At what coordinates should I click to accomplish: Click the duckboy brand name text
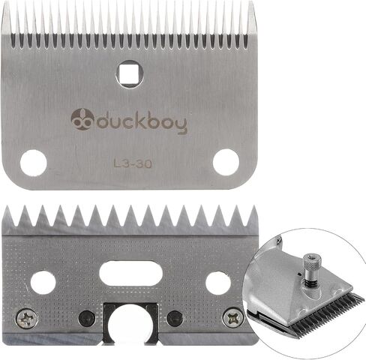tap(142, 121)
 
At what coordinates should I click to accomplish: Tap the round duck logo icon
tap(82, 119)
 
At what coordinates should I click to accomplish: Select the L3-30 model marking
tap(133, 163)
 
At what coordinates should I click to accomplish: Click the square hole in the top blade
tap(129, 74)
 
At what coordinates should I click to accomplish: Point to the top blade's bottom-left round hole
tap(34, 163)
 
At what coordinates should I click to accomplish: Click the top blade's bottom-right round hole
tap(226, 162)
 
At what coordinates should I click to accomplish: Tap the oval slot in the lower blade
tap(130, 273)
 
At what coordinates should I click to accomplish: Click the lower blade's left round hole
tap(43, 283)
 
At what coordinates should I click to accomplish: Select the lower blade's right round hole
tap(218, 283)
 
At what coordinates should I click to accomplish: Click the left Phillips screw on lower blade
tap(27, 319)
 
